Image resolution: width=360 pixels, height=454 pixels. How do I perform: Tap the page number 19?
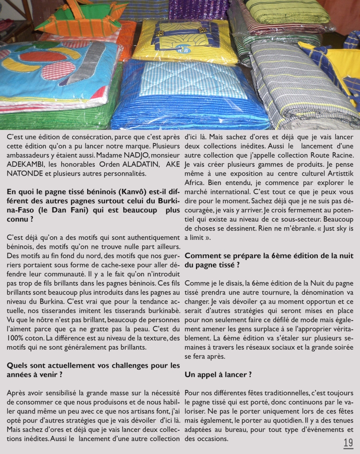pos(348,443)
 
